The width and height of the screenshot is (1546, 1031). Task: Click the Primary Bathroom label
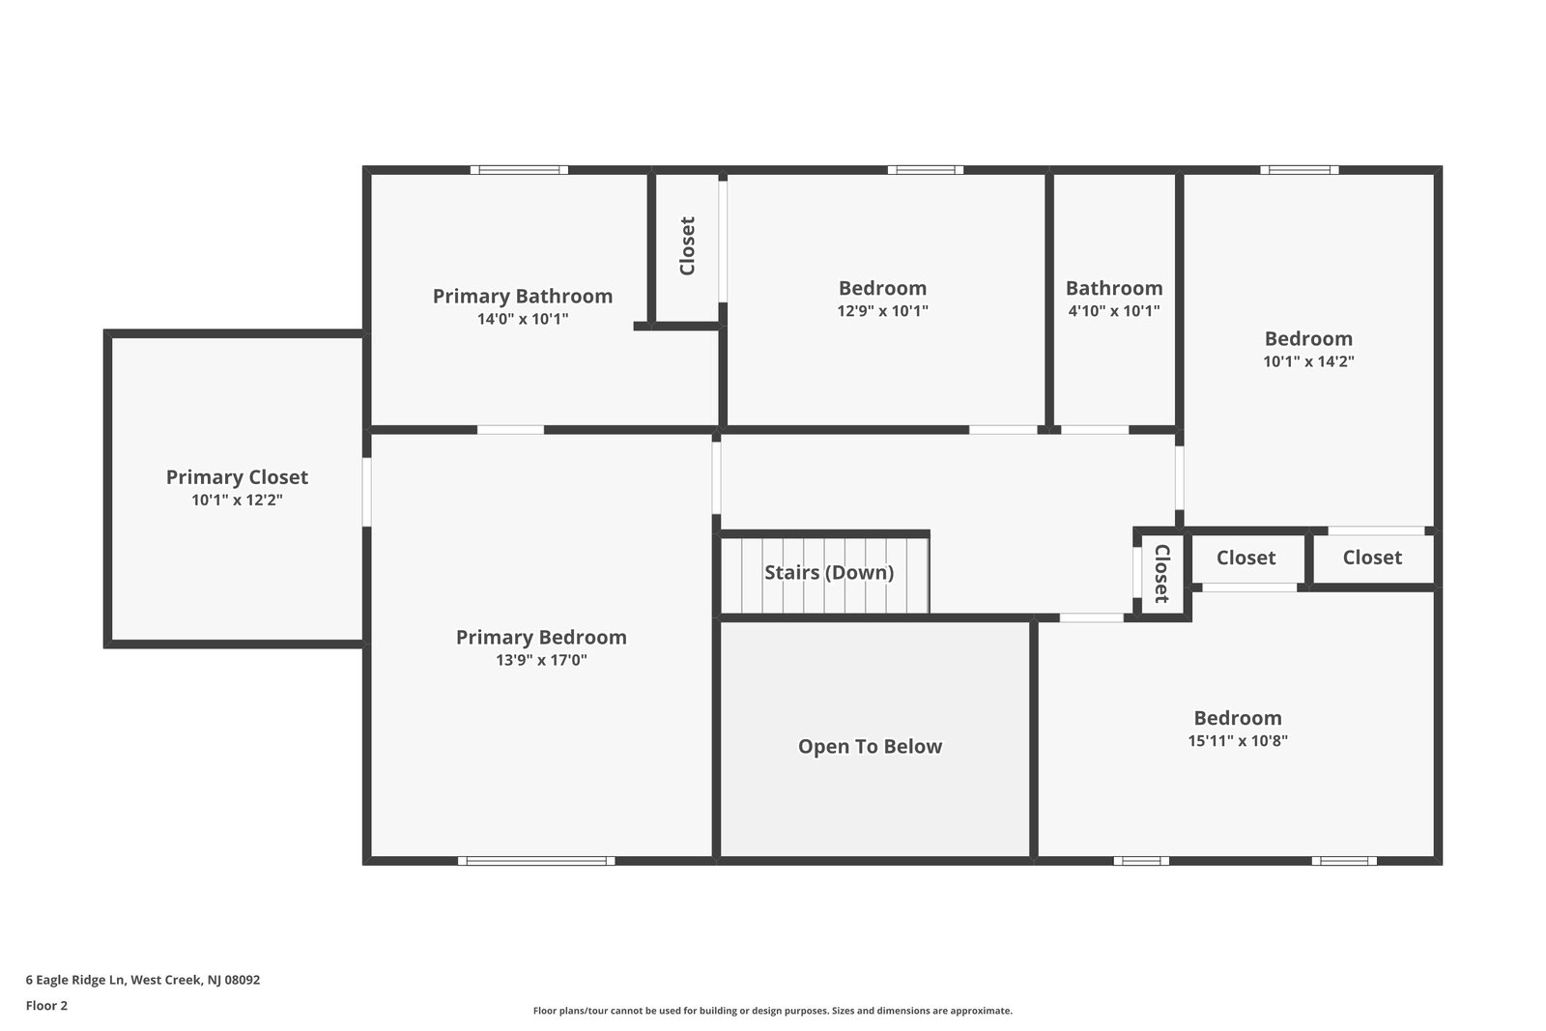coord(522,296)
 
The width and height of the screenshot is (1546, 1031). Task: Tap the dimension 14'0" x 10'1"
coord(522,319)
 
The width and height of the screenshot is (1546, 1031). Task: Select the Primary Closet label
coord(237,476)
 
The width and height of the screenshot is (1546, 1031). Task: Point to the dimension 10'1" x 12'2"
coord(237,501)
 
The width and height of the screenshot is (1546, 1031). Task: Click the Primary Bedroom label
coord(541,637)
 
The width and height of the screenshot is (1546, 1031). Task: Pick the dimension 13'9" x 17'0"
coord(541,661)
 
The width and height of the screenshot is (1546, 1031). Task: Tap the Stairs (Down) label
coord(829,572)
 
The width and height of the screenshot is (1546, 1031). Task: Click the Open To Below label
coord(870,746)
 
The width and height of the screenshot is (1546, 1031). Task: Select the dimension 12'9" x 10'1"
coord(882,311)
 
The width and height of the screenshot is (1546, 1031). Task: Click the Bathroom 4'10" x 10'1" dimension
coord(1113,311)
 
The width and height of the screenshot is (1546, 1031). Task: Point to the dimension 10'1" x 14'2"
coord(1308,361)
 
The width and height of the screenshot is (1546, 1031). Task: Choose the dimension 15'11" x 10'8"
coord(1238,741)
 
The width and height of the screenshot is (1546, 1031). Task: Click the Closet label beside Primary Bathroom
coord(687,245)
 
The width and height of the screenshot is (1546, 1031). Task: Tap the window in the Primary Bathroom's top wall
coord(519,170)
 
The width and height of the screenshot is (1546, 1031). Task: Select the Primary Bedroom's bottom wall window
coord(536,860)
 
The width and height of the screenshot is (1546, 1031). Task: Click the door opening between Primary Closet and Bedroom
coord(367,491)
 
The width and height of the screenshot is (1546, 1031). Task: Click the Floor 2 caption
coord(46,1005)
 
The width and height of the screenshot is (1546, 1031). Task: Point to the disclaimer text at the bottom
coord(772,1011)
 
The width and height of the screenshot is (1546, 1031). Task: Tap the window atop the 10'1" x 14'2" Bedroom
coord(1299,170)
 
